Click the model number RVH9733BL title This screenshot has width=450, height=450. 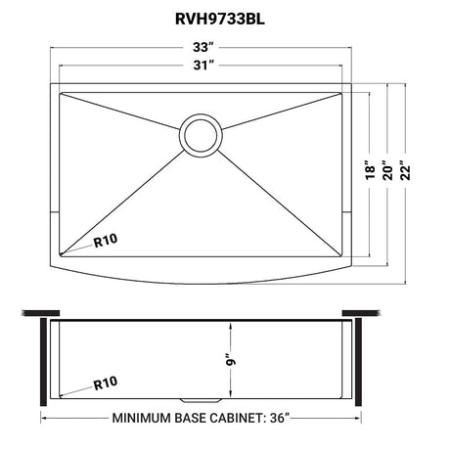[x=220, y=19]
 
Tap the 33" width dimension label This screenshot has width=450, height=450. [x=203, y=47]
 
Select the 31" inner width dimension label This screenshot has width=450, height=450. [x=203, y=66]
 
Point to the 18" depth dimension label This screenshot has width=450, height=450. [x=370, y=169]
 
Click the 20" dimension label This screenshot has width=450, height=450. [x=388, y=170]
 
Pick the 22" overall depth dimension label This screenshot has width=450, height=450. [x=405, y=170]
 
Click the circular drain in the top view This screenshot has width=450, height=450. [x=201, y=135]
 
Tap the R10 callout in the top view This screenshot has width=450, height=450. [x=106, y=241]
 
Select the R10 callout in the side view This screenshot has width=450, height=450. [x=106, y=382]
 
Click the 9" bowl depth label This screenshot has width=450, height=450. [x=231, y=360]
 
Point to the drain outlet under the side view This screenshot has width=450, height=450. [x=201, y=400]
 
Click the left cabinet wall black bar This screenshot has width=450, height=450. [x=43, y=362]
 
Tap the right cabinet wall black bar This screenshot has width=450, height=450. [x=358, y=362]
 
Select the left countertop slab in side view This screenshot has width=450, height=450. [x=40, y=313]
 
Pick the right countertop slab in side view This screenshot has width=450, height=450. [x=361, y=313]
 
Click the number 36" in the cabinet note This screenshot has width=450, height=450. [x=280, y=418]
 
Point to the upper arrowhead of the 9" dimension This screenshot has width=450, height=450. [x=231, y=326]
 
